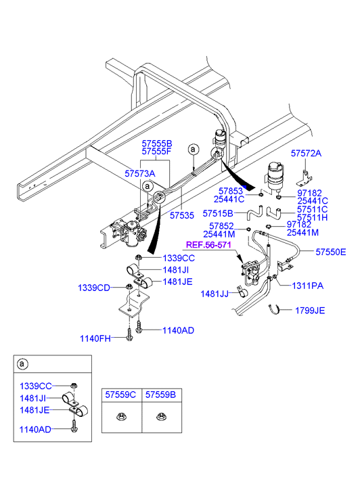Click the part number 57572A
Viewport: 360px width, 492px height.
point(306,154)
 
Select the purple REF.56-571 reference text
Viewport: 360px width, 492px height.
point(208,245)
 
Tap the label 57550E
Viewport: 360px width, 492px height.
point(330,252)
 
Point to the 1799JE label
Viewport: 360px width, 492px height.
point(310,311)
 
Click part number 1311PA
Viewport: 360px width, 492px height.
point(308,286)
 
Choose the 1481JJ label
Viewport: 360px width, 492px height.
point(215,294)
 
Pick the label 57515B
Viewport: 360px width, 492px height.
point(218,214)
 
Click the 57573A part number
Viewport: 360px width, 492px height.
point(140,173)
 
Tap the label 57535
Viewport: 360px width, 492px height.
point(182,216)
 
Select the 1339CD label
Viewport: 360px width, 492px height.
point(94,288)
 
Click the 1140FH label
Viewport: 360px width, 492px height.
point(95,338)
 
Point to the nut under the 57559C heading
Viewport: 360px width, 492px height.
point(120,417)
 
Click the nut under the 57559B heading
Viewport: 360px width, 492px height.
point(160,417)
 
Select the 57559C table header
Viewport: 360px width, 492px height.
point(120,395)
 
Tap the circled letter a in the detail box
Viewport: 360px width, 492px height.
point(22,364)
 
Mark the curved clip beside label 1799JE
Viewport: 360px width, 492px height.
point(274,310)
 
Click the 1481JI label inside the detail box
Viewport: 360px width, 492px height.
point(33,399)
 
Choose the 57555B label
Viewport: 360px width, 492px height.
point(157,143)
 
